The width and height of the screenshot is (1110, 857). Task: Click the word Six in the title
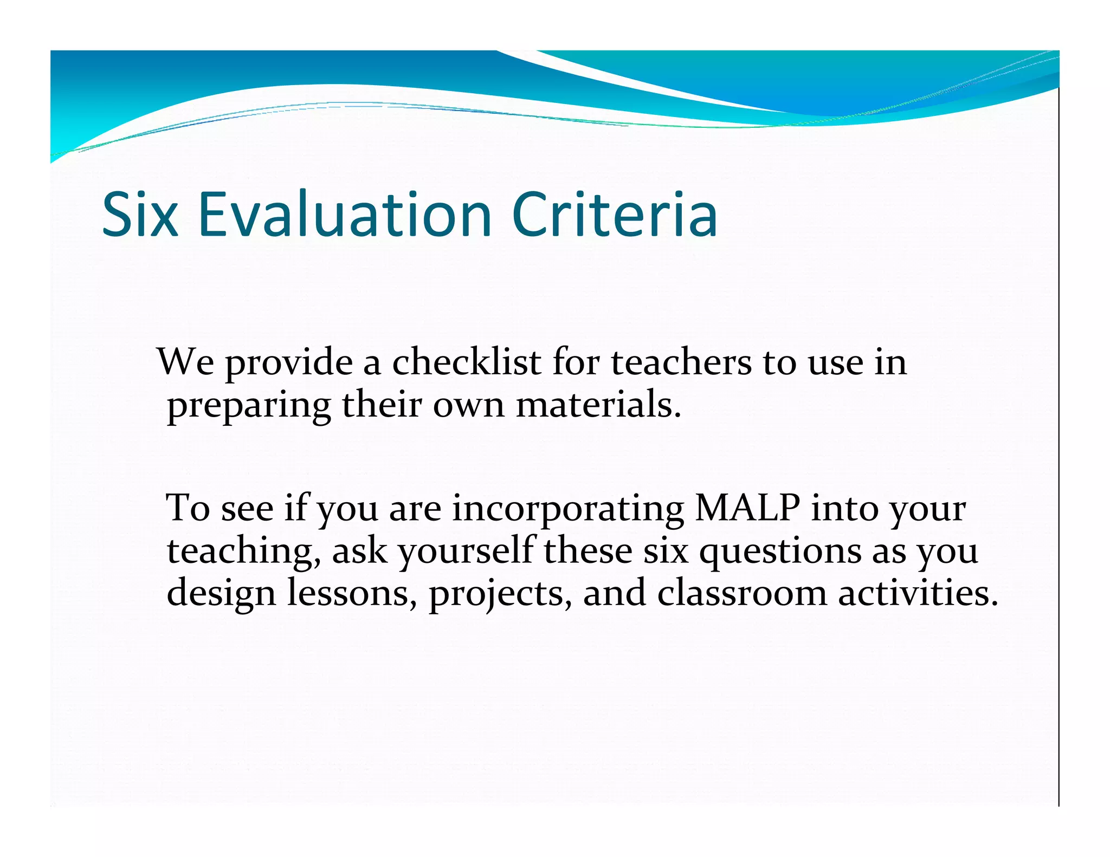click(x=140, y=215)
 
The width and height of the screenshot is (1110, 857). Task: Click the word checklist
click(x=466, y=362)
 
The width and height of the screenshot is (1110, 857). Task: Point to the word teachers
click(x=681, y=362)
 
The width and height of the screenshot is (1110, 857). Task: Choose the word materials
click(x=598, y=405)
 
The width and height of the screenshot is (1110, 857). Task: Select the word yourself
click(x=467, y=551)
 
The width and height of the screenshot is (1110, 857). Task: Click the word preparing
click(x=249, y=406)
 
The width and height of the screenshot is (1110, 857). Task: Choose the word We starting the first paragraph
click(x=185, y=362)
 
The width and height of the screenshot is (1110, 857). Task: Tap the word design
click(x=221, y=594)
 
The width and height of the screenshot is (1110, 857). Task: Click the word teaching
click(x=243, y=552)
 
